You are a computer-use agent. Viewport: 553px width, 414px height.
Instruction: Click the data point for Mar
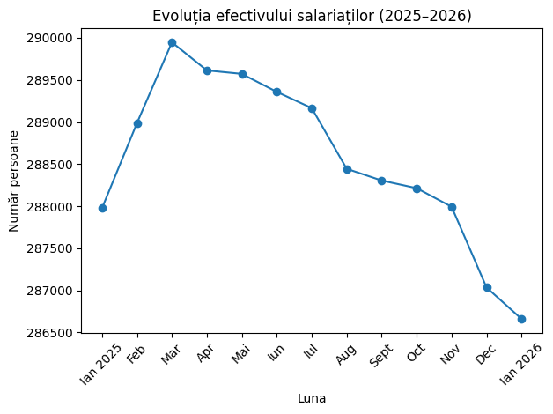coord(172,42)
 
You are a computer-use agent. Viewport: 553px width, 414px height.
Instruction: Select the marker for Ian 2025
coord(102,208)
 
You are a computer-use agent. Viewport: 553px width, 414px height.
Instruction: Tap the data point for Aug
coord(347,169)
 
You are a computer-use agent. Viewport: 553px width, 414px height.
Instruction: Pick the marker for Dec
coord(487,287)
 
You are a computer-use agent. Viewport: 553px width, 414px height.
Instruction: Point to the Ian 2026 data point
coord(521,319)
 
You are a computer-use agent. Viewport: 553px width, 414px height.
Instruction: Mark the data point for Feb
coord(137,123)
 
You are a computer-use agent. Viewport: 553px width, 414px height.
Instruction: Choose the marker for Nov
coord(452,207)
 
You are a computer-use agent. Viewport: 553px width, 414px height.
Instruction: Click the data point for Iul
coord(312,108)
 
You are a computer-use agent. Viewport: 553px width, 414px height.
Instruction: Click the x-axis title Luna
coord(312,398)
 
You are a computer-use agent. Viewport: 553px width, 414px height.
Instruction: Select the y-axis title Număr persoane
coord(15,181)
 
